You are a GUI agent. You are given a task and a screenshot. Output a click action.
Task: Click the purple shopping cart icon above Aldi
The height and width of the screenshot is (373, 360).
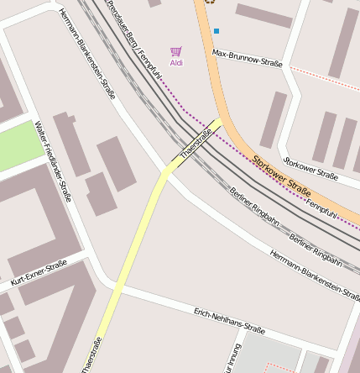click(x=175, y=52)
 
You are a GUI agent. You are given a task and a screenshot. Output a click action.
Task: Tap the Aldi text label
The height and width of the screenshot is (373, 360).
click(x=176, y=63)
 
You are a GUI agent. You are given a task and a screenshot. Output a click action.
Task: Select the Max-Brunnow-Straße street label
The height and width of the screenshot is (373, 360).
click(x=248, y=57)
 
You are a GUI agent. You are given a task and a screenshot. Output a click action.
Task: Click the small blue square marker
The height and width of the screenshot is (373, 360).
click(x=217, y=31)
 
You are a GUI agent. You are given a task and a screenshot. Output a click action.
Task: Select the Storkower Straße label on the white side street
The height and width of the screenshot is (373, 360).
click(x=311, y=168)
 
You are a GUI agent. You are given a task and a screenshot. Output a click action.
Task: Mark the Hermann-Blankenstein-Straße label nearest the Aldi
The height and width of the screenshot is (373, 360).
click(x=87, y=55)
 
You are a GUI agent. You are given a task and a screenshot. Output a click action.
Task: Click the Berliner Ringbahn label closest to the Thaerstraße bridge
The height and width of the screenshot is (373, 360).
click(x=254, y=207)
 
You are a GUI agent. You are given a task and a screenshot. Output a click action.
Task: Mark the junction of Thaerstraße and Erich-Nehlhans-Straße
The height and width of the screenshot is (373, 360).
click(x=115, y=288)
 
